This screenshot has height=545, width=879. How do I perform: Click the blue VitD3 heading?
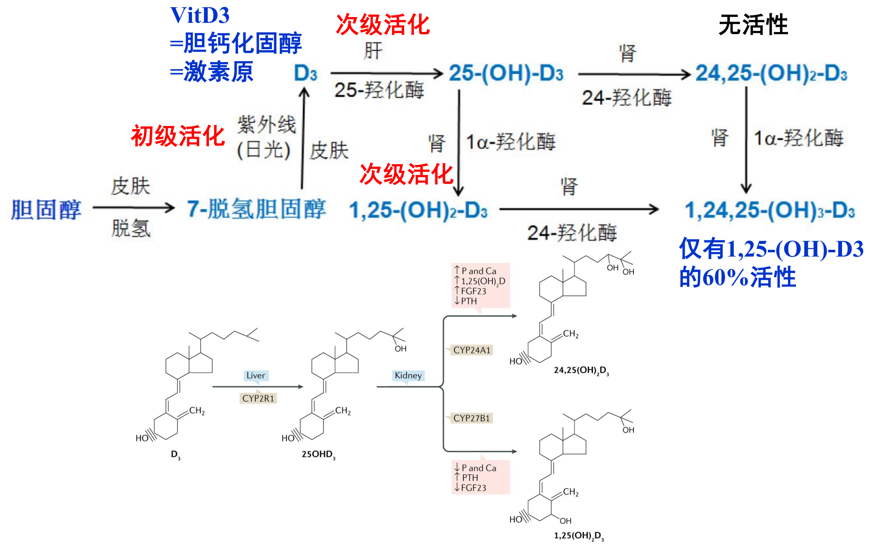pos(200,15)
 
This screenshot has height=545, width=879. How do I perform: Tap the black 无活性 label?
pos(753,25)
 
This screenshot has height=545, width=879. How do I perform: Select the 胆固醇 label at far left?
pos(46,209)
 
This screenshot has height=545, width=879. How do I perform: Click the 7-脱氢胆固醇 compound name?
pos(256,209)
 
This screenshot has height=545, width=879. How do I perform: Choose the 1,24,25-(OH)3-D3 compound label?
pos(770,210)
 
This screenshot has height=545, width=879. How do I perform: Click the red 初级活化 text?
pos(178,136)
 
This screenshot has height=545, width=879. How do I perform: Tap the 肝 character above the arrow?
pos(372,51)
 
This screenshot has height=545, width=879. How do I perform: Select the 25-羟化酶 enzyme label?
pos(379,90)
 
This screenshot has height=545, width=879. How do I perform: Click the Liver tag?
pos(256,376)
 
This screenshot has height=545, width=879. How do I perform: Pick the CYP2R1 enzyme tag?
pos(258,398)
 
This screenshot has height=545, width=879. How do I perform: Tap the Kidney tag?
pos(408,376)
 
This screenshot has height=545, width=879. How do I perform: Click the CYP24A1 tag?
pos(472,350)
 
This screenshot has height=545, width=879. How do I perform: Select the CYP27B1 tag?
pos(472,418)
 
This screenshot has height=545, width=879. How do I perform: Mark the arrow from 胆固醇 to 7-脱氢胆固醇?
pos(133,207)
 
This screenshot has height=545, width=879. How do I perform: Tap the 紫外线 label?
pos(266,124)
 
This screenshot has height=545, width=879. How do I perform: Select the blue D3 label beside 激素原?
pos(305,73)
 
